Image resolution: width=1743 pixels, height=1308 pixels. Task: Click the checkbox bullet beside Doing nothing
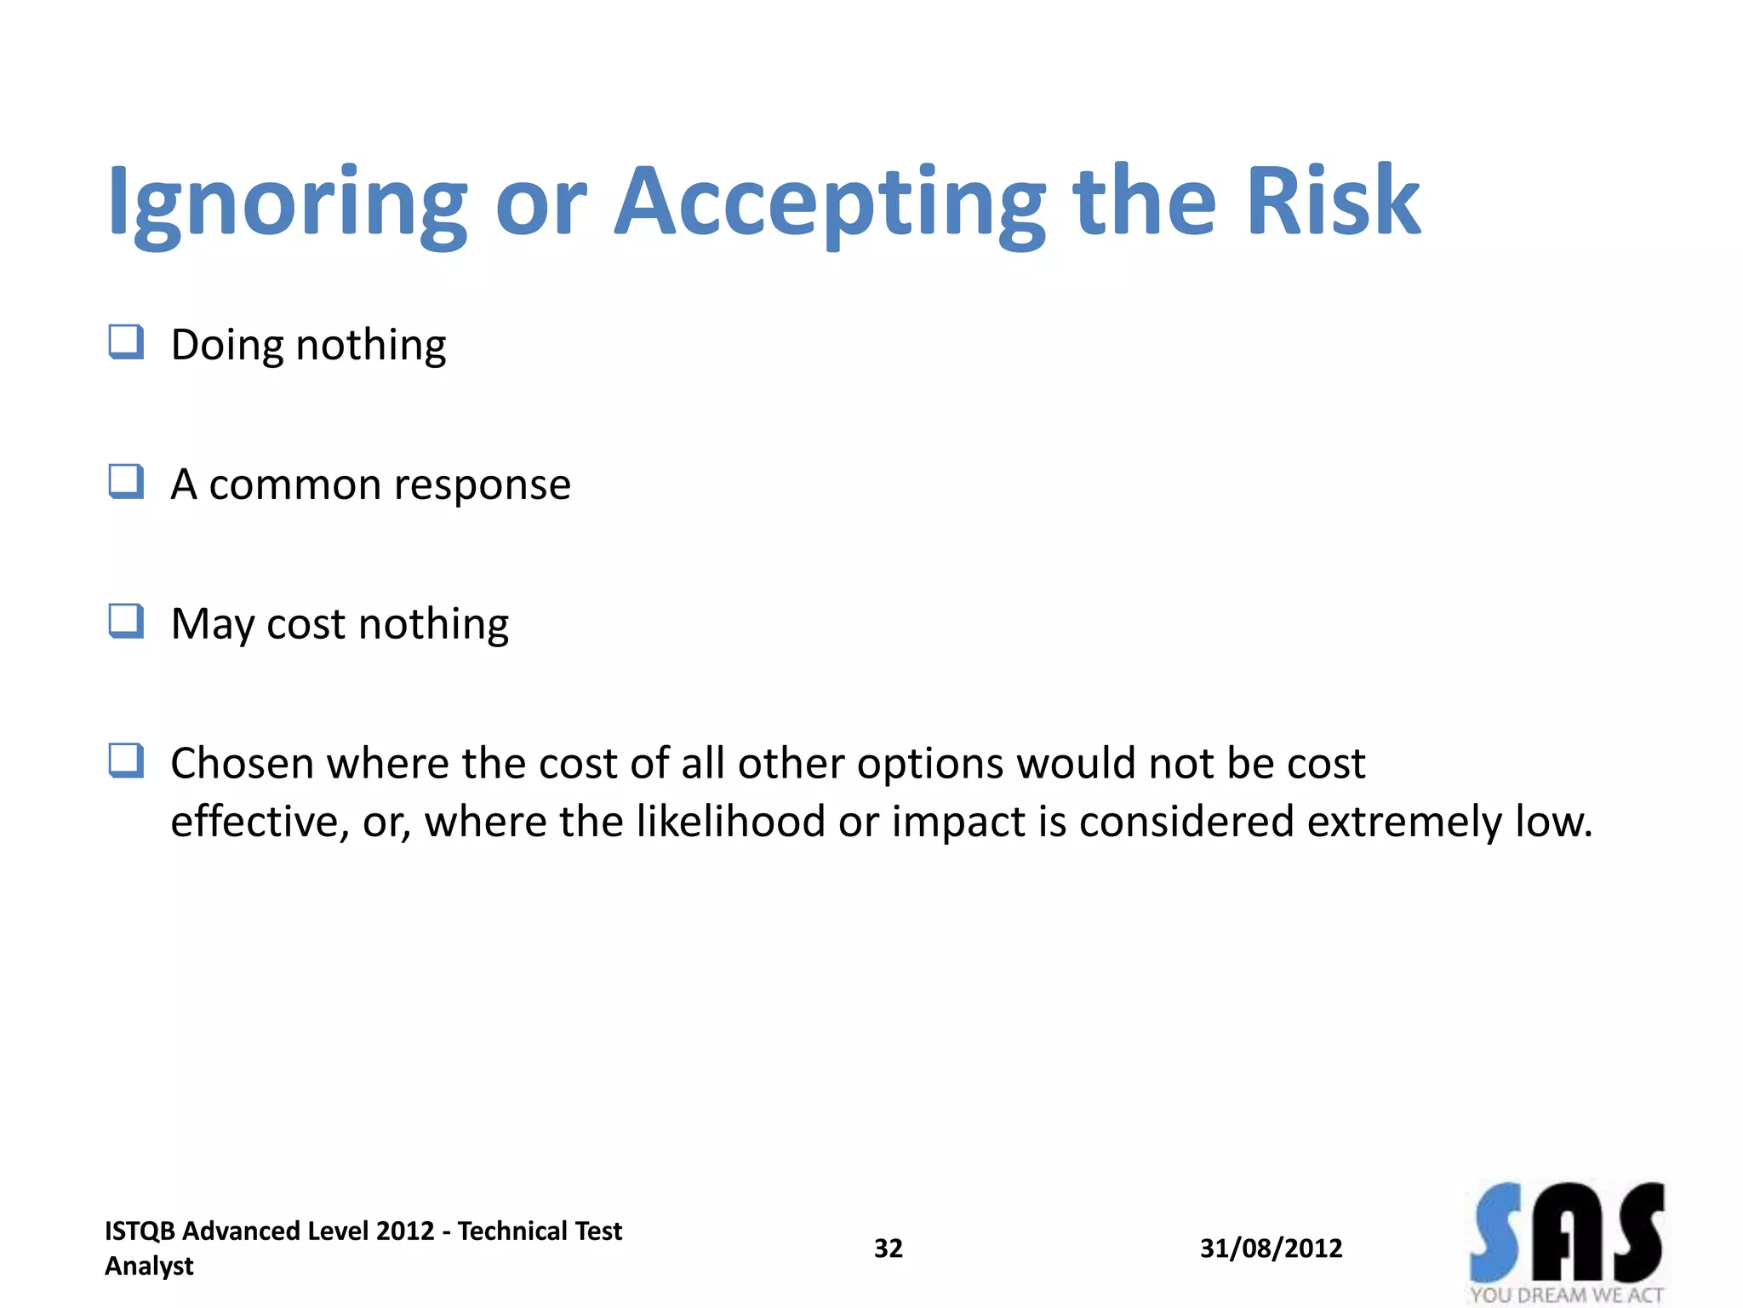tap(126, 343)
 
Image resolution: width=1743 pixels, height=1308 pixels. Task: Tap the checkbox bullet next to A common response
tap(126, 482)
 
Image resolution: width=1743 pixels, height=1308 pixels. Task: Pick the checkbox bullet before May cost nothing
tap(126, 622)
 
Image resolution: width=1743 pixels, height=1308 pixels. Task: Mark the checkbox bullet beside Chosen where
tap(126, 761)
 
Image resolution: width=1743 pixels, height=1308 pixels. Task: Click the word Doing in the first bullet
tap(226, 346)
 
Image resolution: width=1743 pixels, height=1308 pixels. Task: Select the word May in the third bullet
tap(213, 625)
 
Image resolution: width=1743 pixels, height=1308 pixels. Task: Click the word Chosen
tap(241, 763)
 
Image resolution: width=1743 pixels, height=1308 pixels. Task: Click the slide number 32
tap(888, 1248)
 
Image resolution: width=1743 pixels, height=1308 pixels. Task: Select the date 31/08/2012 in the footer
tap(1271, 1248)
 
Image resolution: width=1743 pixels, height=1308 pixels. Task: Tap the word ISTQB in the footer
tap(140, 1231)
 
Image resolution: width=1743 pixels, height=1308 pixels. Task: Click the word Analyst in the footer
tap(149, 1266)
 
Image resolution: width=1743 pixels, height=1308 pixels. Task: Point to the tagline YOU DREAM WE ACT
tap(1566, 1295)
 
